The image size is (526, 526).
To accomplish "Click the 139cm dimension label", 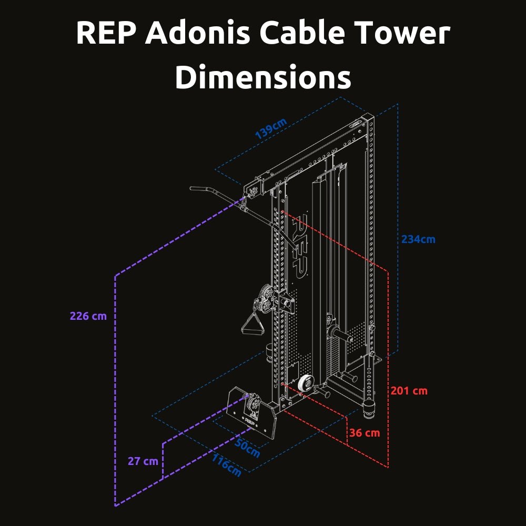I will point(270,127).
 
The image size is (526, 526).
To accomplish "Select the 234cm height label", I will point(418,239).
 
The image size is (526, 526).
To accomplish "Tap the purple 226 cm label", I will point(88,316).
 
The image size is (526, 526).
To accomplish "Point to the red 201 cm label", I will point(409,391).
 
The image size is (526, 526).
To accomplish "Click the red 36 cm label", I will point(364,433).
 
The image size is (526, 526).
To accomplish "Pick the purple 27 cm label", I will point(143,461).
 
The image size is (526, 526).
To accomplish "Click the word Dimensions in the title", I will point(263,78).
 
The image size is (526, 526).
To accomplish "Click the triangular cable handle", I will point(254,322).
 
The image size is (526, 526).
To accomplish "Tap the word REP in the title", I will point(107,34).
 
